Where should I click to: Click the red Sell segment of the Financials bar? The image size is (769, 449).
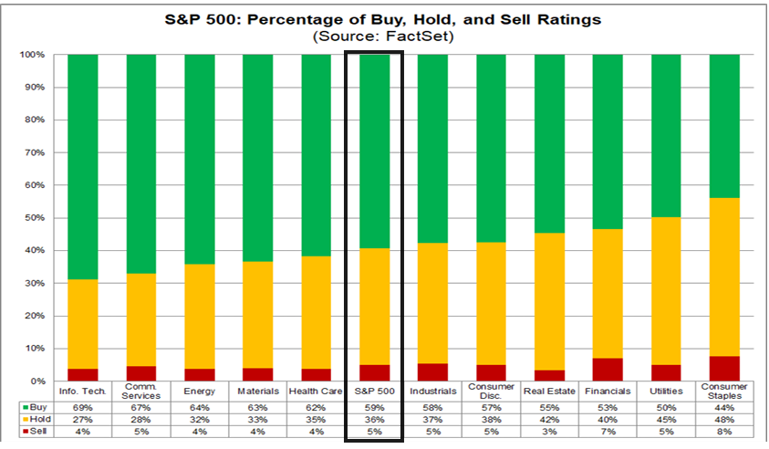coord(608,370)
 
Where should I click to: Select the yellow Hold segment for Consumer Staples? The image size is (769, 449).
coord(724,277)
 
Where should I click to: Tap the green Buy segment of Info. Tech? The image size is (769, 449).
coord(82,167)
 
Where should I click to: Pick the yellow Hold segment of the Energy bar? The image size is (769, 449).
coord(200,317)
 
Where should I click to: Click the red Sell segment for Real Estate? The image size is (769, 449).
coord(549,375)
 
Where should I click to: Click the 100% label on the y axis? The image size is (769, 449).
coord(32,55)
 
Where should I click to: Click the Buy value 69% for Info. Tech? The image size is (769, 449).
coord(82,408)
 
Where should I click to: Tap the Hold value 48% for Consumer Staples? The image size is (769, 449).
coord(724,420)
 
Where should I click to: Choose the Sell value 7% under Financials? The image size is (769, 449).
coord(608,432)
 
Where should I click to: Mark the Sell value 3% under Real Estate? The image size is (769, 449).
coord(549,432)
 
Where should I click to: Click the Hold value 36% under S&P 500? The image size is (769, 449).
coord(374,420)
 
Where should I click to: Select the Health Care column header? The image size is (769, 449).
coord(316,392)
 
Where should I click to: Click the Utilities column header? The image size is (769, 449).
coord(666,392)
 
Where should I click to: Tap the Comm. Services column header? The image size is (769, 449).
coord(140,392)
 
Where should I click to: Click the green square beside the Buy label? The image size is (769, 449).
coord(26,407)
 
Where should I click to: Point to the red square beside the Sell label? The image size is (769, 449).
coord(26,432)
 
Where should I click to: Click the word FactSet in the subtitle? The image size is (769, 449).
coord(416,37)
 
